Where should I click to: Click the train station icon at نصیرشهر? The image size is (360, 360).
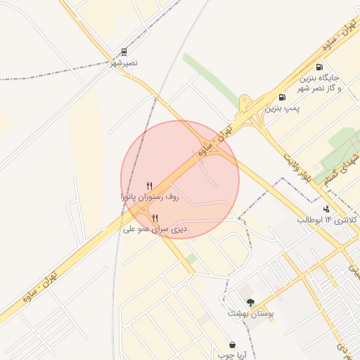124,52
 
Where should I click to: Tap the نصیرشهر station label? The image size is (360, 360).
124,64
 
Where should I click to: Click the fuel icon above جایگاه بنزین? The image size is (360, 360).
320,67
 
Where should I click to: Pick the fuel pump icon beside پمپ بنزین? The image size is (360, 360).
282,98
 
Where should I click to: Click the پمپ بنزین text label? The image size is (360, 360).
280,109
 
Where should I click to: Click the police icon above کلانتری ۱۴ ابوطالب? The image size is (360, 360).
326,208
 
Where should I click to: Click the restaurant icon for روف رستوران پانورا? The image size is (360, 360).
149,186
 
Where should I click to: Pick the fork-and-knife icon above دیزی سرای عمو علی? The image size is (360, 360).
155,217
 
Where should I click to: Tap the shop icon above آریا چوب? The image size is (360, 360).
232,345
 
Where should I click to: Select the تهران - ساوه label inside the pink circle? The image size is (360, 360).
214,141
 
